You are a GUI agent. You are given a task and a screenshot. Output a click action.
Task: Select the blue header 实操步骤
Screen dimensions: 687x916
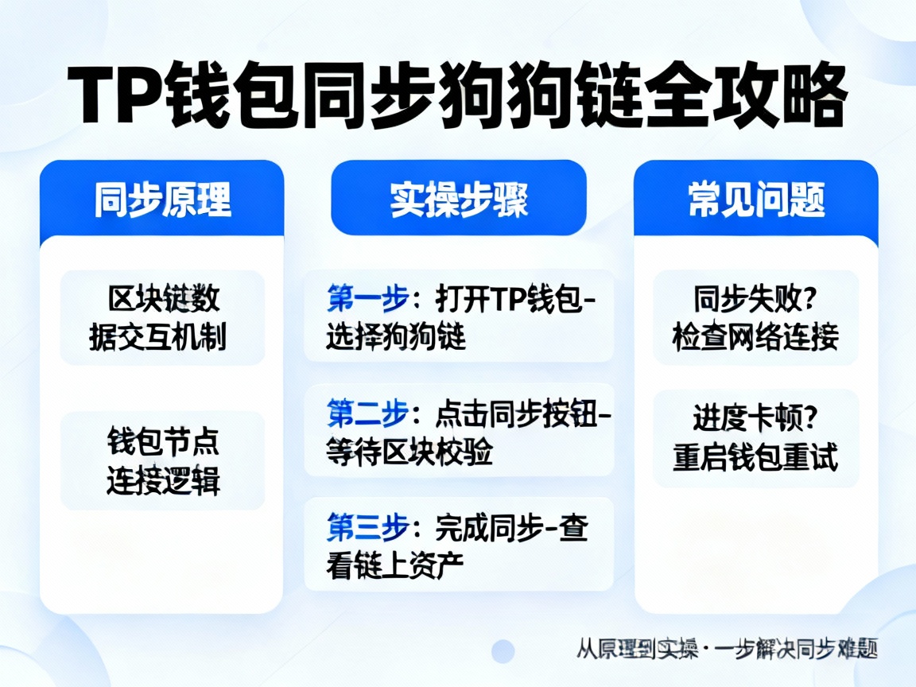(458, 199)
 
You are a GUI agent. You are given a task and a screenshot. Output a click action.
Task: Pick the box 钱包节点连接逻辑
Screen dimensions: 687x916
(162, 460)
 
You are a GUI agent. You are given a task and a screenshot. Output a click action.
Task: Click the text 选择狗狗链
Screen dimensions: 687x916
(395, 338)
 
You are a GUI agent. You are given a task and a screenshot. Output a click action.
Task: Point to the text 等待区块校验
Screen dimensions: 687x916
(409, 452)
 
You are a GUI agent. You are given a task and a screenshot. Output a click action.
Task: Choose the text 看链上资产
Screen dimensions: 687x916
(395, 565)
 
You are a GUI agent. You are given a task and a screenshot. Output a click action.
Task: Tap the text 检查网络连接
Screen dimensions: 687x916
(755, 338)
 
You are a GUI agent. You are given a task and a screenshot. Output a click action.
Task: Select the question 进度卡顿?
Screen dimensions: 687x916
(755, 418)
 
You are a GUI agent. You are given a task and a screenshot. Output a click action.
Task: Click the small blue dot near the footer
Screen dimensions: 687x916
(503, 651)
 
